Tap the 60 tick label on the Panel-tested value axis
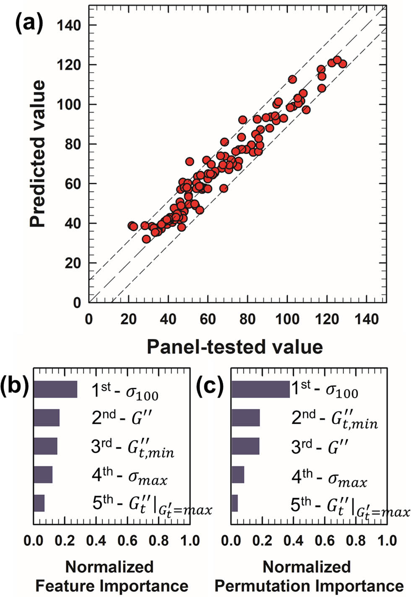(x=207, y=319)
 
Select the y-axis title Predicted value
(x=37, y=154)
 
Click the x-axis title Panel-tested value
(x=235, y=347)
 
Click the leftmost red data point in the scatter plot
(x=132, y=226)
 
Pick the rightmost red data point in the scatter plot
(x=343, y=64)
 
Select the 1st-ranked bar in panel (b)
(x=55, y=389)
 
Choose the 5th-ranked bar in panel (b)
(x=39, y=503)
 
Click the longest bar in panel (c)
(x=260, y=389)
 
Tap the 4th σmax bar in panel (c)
(x=238, y=475)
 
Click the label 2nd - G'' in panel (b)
(x=122, y=418)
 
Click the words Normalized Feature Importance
(x=112, y=576)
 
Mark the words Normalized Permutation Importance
(x=309, y=576)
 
